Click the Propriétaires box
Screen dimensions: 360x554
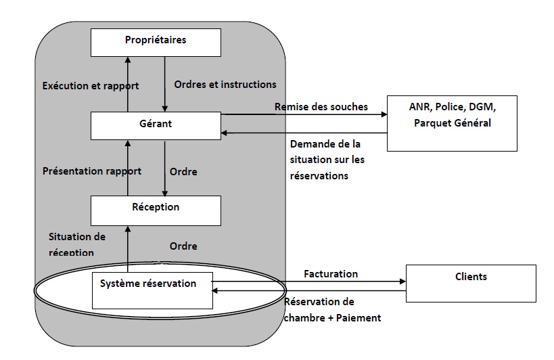156,42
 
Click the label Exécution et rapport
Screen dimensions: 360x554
90,86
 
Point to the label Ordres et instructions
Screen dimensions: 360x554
225,85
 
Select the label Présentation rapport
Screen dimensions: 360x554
91,171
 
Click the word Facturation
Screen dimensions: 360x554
331,274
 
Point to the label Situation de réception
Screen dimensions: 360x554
77,244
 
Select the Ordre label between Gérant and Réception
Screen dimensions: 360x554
183,172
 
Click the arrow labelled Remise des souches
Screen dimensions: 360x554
304,115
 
